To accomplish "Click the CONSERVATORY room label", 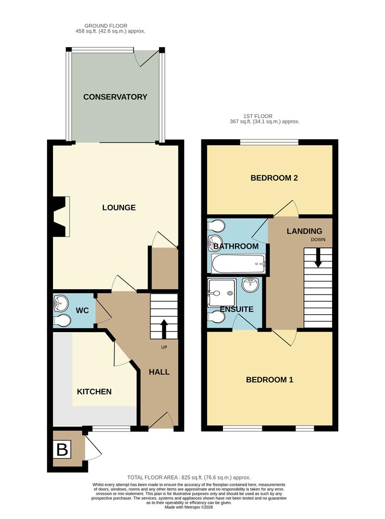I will (x=115, y=97).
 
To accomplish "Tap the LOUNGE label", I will (x=119, y=208).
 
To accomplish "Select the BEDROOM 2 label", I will (x=274, y=178).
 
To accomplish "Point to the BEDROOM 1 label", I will (x=270, y=380).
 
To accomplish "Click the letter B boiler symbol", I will (x=62, y=450).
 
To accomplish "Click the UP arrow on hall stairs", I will (x=164, y=329).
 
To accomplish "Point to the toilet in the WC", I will (x=61, y=321).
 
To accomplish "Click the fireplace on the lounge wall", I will (x=62, y=216).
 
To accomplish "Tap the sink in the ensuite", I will (x=250, y=285).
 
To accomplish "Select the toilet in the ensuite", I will (x=216, y=317).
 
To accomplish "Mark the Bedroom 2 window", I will (x=269, y=142).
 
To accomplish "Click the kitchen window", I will (x=111, y=428).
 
